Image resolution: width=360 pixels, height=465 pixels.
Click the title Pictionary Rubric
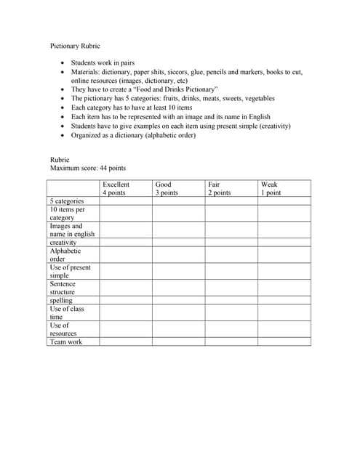(x=75, y=46)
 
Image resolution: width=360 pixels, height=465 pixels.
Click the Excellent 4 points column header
(x=117, y=188)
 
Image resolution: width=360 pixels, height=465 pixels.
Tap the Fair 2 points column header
(x=219, y=188)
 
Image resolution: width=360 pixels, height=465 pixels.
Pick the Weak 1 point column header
(x=271, y=188)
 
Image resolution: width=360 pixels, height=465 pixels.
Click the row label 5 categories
(x=67, y=201)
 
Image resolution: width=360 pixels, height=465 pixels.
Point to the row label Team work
(x=66, y=341)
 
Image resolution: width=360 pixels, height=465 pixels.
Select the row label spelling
(x=61, y=300)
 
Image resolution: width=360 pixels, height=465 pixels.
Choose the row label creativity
(x=63, y=242)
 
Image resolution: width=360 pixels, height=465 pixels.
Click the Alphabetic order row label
(x=65, y=254)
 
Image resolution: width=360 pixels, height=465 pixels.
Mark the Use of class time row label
(x=66, y=312)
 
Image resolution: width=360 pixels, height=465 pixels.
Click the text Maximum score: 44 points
(x=87, y=168)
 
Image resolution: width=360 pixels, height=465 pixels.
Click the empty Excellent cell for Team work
(x=125, y=341)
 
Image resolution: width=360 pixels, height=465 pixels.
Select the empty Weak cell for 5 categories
(x=284, y=201)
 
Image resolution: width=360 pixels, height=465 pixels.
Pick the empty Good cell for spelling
(x=178, y=300)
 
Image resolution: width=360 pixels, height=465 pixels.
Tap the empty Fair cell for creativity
(x=231, y=242)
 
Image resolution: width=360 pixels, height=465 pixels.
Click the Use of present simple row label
(x=69, y=271)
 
